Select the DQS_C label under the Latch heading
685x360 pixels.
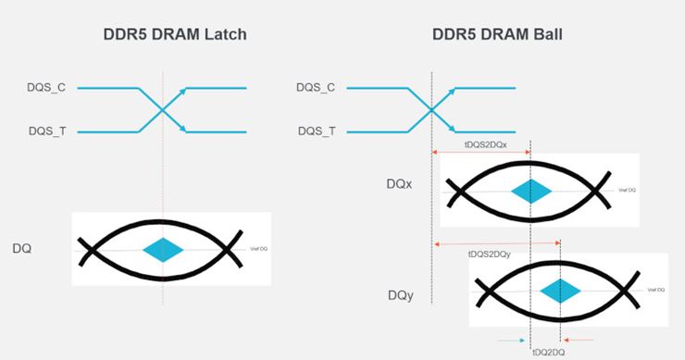(x=45, y=88)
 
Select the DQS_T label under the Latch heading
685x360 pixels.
(x=45, y=132)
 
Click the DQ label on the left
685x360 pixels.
(x=22, y=249)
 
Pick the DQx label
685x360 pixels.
(x=400, y=184)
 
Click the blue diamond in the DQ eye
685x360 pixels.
(x=163, y=250)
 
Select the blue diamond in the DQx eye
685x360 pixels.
(x=530, y=191)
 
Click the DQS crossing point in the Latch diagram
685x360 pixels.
(x=163, y=110)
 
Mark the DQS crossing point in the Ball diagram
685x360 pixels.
(x=431, y=110)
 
